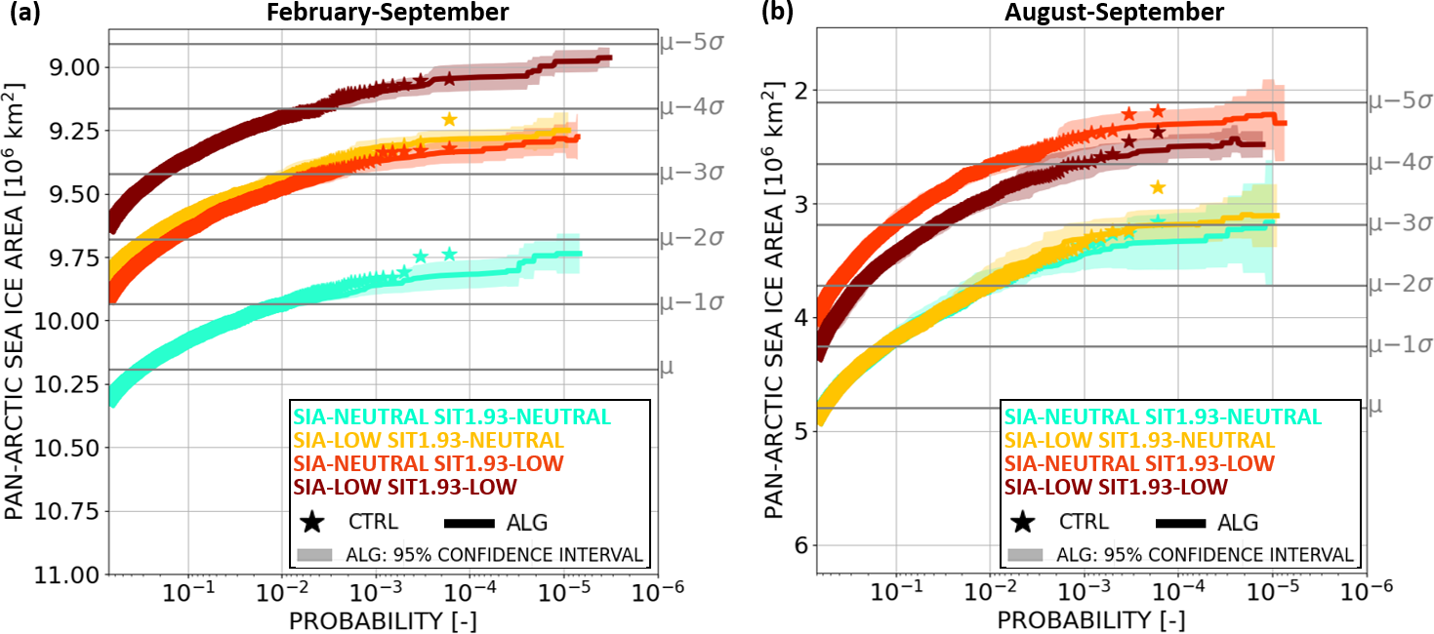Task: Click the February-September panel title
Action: [x=382, y=14]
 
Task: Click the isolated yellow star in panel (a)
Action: [x=449, y=120]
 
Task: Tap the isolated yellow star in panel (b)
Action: [x=1158, y=187]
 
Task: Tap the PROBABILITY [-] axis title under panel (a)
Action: [x=382, y=620]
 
